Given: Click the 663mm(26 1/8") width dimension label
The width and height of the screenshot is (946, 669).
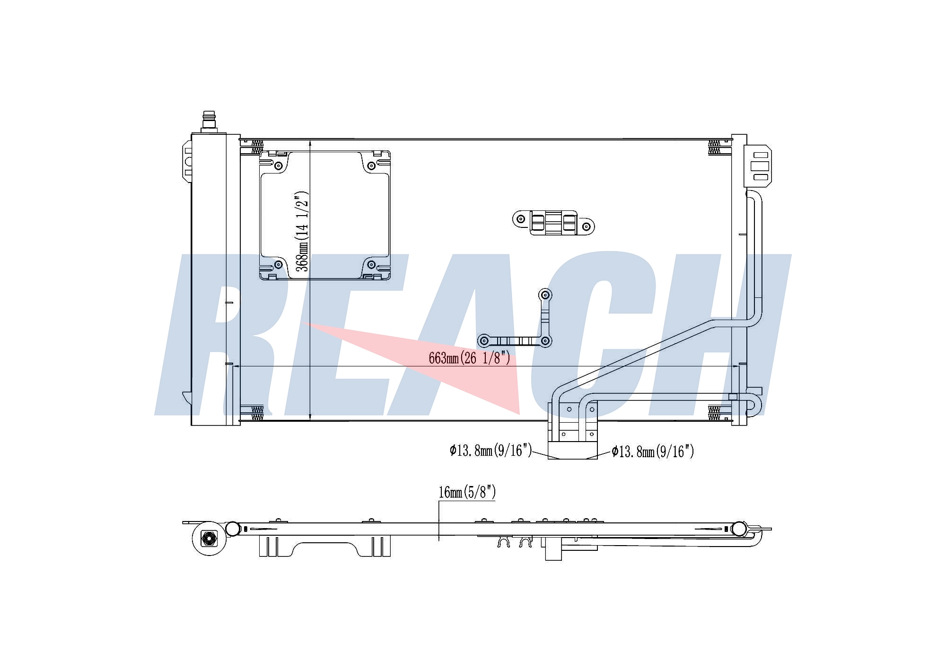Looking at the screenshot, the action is tap(469, 358).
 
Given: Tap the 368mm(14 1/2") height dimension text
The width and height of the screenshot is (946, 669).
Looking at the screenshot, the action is tap(302, 232).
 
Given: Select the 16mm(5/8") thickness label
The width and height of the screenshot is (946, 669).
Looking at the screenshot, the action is tap(467, 492).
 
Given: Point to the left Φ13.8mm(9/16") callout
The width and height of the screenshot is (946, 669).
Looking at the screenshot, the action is tap(491, 450).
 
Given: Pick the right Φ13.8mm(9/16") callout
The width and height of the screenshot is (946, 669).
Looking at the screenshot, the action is tap(653, 452).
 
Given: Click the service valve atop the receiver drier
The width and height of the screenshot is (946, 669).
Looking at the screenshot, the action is tap(209, 122).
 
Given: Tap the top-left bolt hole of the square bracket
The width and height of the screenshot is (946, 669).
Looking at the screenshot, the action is tap(278, 165).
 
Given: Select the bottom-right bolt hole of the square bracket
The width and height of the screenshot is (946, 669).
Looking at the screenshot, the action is tap(371, 264).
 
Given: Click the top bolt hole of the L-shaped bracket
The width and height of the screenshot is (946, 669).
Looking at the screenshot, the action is tap(546, 295).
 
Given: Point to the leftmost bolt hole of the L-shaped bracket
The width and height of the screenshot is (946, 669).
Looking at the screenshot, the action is tap(483, 340).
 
